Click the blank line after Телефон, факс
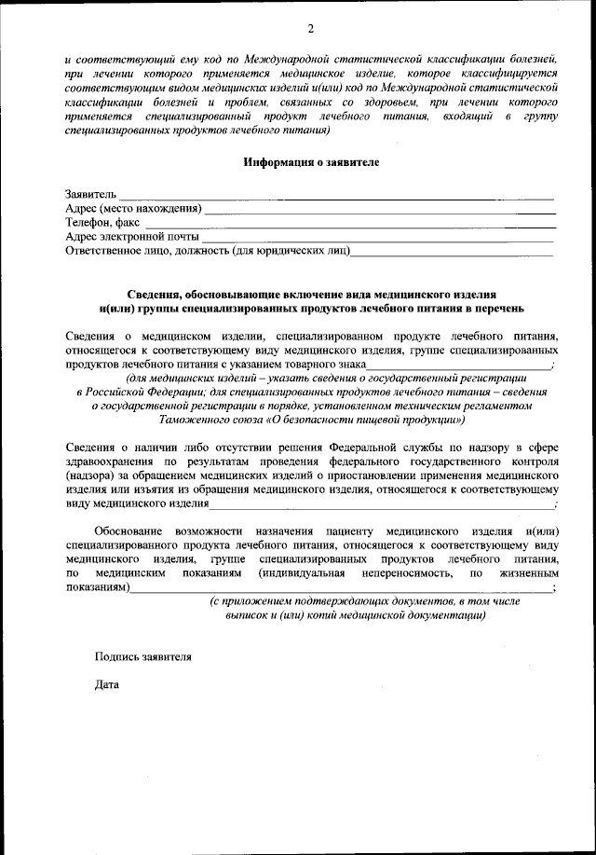[x=349, y=226]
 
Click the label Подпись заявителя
[x=142, y=656]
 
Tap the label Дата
[x=107, y=685]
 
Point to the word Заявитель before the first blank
[x=90, y=194]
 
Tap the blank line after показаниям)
[x=340, y=591]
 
